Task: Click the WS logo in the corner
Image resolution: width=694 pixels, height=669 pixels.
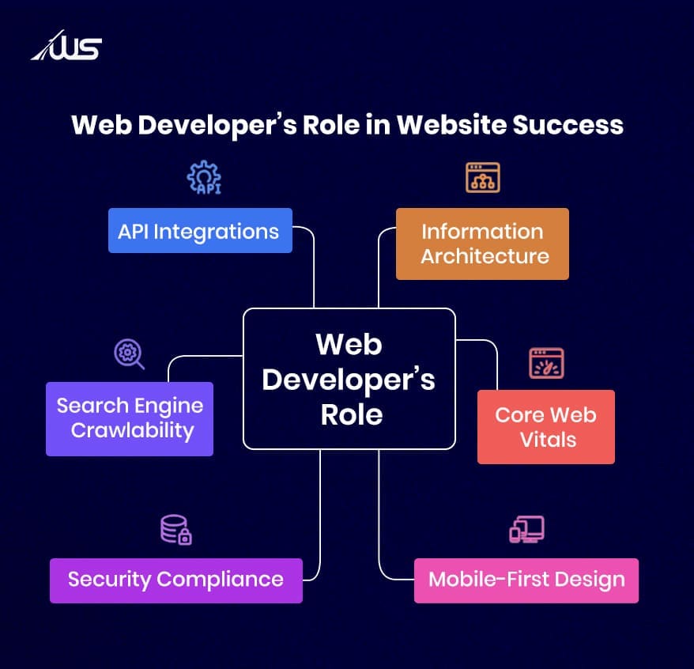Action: point(66,45)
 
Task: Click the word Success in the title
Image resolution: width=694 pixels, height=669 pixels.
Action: point(568,125)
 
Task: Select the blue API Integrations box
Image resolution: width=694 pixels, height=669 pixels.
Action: point(200,231)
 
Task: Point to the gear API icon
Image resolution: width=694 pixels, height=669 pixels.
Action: point(204,177)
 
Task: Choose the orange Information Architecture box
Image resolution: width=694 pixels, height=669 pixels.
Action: point(482,244)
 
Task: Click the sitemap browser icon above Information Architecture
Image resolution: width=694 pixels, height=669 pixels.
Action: point(483,178)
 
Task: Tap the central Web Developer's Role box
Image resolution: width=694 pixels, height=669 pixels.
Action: point(349,379)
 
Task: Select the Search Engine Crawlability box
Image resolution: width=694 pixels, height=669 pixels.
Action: point(130,419)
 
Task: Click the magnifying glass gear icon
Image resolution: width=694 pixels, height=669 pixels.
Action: point(129,354)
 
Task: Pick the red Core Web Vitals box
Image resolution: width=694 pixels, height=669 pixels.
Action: point(546,427)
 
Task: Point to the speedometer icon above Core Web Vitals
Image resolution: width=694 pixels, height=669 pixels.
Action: point(547,363)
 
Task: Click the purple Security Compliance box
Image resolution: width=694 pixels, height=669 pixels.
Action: point(176,580)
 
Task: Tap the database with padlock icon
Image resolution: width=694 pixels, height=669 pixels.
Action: point(175,530)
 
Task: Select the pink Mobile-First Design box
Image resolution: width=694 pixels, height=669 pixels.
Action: point(526,580)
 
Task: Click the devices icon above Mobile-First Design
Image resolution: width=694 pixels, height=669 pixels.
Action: point(526,529)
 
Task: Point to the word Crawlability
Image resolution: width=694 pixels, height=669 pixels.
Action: point(132,431)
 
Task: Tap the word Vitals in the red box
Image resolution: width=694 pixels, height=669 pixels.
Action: point(548,440)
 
